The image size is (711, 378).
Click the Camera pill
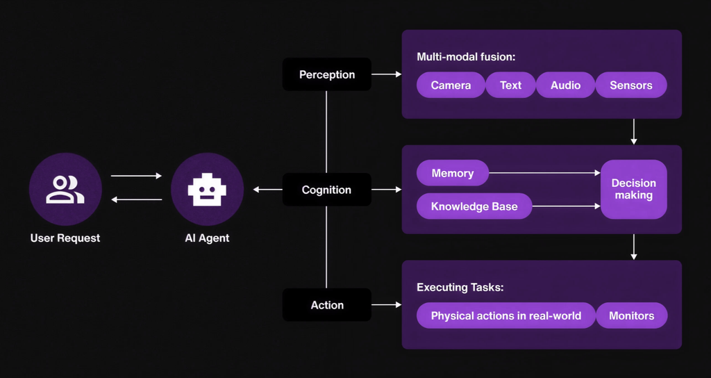pyautogui.click(x=451, y=85)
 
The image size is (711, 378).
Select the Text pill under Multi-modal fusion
pyautogui.click(x=510, y=85)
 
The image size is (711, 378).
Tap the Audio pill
pyautogui.click(x=565, y=85)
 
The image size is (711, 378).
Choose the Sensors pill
pyautogui.click(x=631, y=85)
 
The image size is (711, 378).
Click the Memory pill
pyautogui.click(x=452, y=173)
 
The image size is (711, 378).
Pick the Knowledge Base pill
pyautogui.click(x=474, y=206)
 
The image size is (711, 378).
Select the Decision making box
pyautogui.click(x=633, y=189)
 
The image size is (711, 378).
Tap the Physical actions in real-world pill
pyautogui.click(x=506, y=315)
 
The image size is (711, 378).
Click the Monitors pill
pyautogui.click(x=631, y=315)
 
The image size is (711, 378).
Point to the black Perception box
pyautogui.click(x=326, y=74)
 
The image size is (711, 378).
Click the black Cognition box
pyautogui.click(x=326, y=190)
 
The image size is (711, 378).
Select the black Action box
pyautogui.click(x=326, y=305)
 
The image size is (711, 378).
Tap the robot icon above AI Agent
pyautogui.click(x=207, y=189)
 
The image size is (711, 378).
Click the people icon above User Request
pyautogui.click(x=65, y=189)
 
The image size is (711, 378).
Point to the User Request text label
pyautogui.click(x=65, y=238)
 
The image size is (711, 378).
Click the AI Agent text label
pyautogui.click(x=207, y=238)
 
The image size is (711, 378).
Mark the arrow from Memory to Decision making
pyautogui.click(x=544, y=173)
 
